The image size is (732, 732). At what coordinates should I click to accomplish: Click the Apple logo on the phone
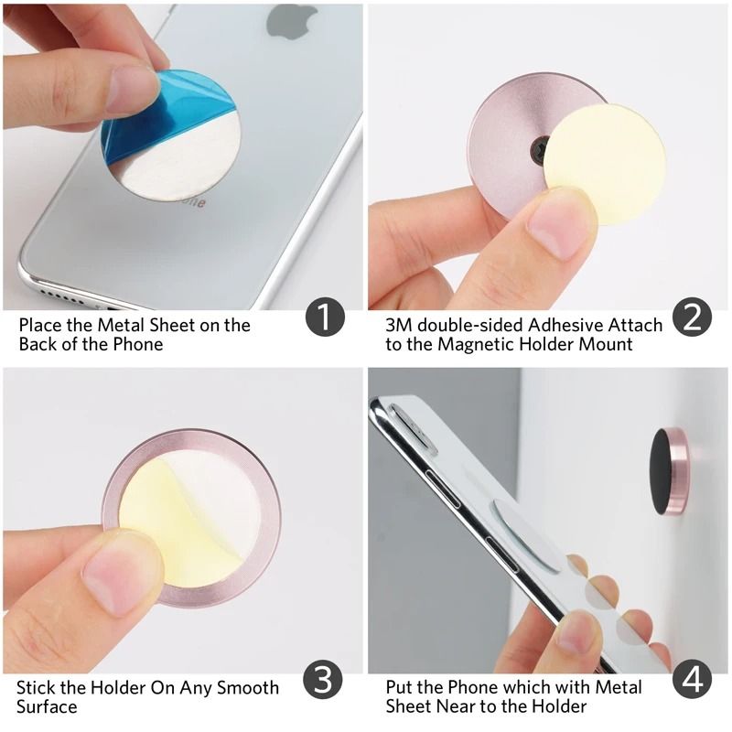click(x=291, y=20)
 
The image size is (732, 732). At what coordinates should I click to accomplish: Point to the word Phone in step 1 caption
click(x=140, y=344)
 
